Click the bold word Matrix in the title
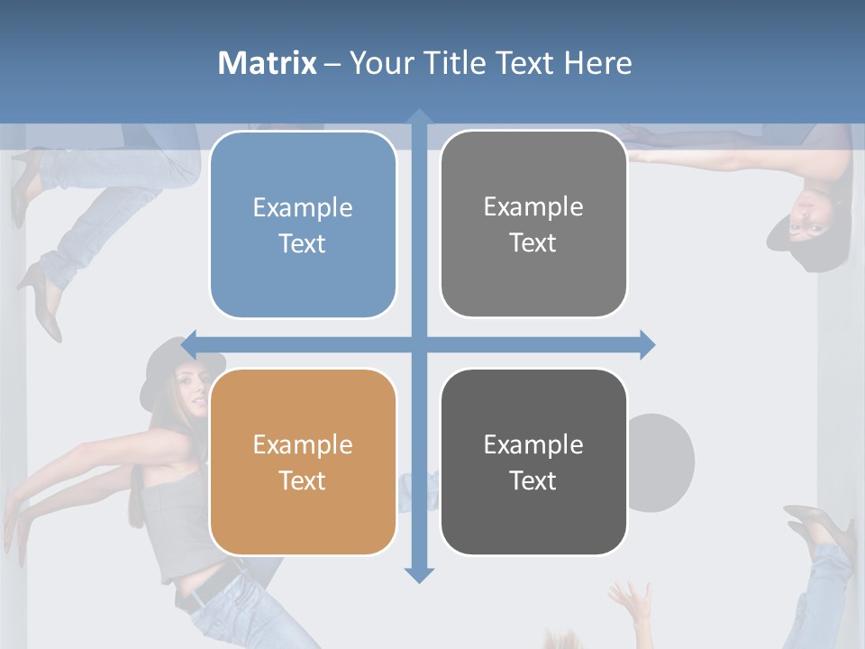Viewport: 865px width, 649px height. [x=267, y=63]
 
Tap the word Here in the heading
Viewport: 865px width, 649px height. [x=597, y=63]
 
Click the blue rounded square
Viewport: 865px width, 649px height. [x=303, y=224]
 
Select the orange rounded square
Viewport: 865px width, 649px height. [x=303, y=462]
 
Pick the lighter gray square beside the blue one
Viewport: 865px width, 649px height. [x=533, y=224]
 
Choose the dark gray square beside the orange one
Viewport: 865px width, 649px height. [x=533, y=462]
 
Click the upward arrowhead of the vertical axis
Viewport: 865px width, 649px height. [x=419, y=117]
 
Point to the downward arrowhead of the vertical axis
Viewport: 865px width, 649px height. [x=419, y=575]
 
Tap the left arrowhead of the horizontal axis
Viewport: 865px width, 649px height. [x=190, y=344]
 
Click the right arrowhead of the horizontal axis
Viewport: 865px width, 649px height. [x=646, y=344]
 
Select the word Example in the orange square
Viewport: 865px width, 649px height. [x=303, y=444]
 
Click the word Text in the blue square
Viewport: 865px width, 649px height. [x=303, y=243]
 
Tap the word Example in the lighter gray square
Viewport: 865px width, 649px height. [x=533, y=206]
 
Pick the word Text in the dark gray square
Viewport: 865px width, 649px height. [x=533, y=480]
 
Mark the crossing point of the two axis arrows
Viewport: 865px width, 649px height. [x=419, y=344]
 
